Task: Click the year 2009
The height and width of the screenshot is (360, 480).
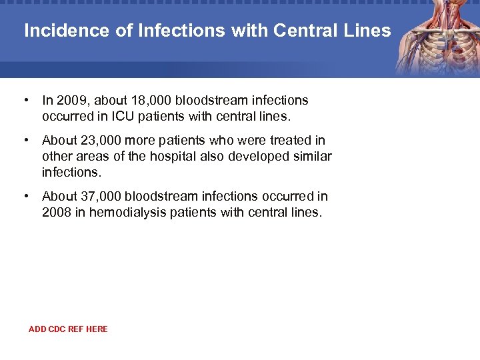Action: [x=71, y=100]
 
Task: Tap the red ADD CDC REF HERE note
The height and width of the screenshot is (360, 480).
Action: [x=68, y=329]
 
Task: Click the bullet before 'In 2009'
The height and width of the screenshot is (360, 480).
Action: [x=25, y=100]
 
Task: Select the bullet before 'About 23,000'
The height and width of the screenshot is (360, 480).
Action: [x=25, y=140]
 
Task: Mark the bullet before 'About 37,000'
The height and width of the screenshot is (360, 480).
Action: [x=25, y=196]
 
